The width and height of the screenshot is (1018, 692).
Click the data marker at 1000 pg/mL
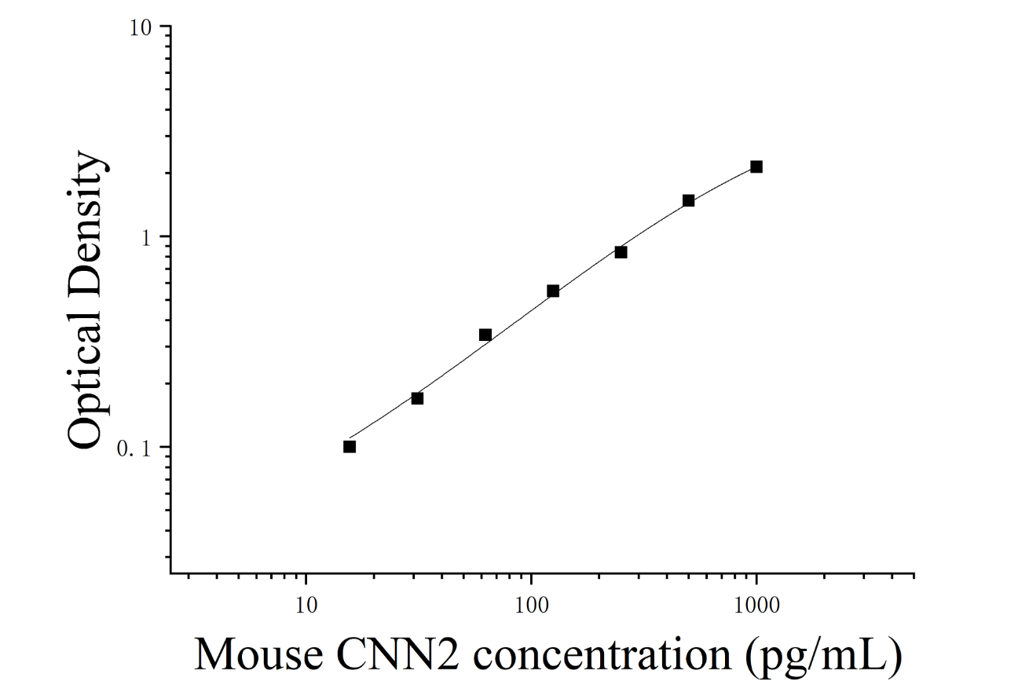(756, 167)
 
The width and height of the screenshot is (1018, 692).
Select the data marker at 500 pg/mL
(689, 200)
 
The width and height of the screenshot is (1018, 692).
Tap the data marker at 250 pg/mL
(621, 252)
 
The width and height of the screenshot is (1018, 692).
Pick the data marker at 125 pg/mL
(553, 291)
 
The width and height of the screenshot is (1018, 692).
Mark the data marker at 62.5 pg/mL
(485, 335)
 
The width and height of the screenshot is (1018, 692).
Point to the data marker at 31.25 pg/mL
(417, 398)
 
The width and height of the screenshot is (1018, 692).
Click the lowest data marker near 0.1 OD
(350, 447)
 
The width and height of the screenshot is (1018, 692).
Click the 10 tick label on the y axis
(141, 27)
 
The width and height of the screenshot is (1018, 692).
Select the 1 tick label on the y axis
(146, 238)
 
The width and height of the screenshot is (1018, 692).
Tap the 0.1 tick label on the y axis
(134, 449)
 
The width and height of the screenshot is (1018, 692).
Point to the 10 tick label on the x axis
(306, 606)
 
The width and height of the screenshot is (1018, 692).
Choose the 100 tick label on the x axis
(531, 606)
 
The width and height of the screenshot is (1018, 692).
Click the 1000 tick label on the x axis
(756, 606)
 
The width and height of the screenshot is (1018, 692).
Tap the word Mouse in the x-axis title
(258, 655)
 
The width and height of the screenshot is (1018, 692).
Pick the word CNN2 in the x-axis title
(398, 655)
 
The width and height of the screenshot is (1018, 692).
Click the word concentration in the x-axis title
(602, 655)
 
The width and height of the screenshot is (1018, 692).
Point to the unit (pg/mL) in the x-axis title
(823, 658)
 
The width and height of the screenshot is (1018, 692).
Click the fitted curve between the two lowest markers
(383, 417)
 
